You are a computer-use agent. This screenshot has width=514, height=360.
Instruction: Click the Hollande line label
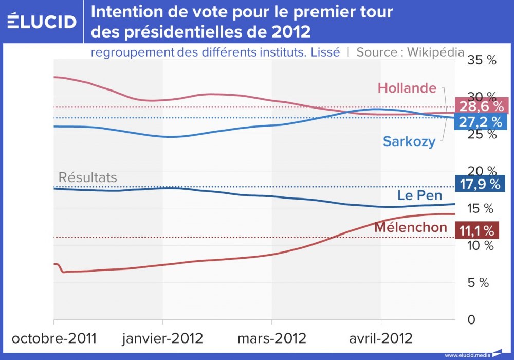407,88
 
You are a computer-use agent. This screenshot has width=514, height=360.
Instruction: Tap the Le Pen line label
419,195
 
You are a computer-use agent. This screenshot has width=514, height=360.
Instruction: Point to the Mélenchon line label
411,227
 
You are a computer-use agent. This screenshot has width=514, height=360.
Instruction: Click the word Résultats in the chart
87,178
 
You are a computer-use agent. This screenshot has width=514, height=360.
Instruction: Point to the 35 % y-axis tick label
481,60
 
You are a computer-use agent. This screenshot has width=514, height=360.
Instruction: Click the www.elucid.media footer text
467,355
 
